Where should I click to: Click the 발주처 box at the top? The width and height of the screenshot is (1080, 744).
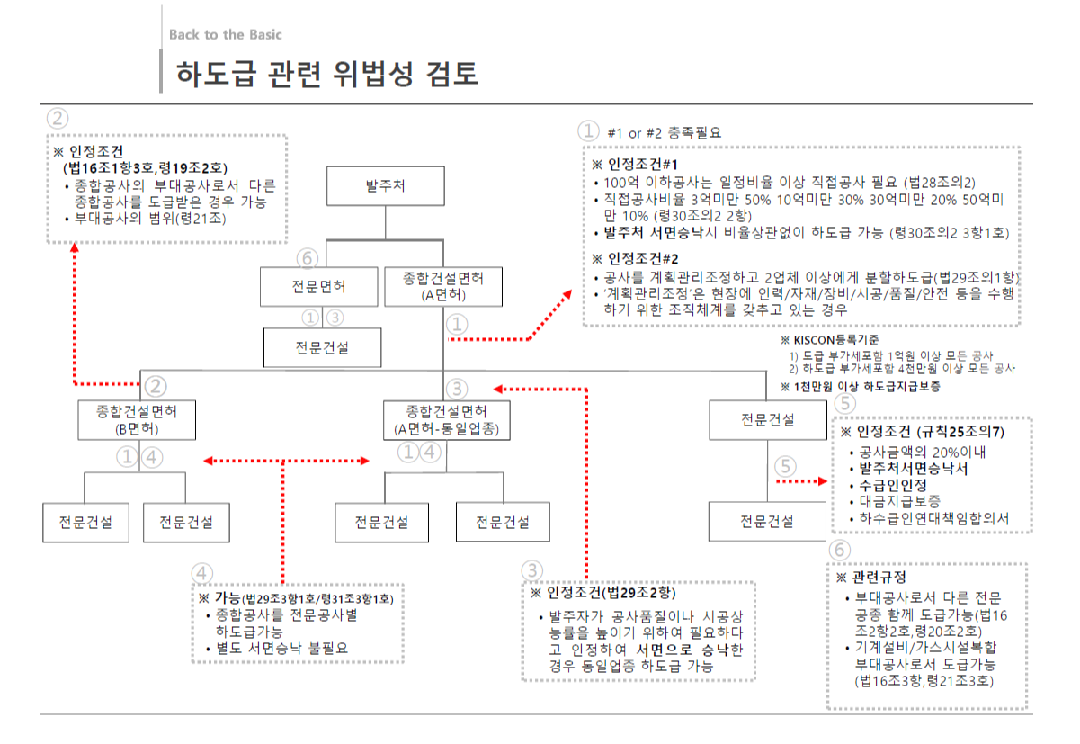click(384, 187)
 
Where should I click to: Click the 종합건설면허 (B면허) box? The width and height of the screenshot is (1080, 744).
click(137, 420)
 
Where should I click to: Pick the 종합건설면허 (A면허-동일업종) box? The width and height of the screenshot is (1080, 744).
click(447, 420)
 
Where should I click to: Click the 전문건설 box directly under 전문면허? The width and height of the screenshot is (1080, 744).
click(322, 347)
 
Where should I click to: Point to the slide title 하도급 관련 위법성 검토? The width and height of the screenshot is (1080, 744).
click(326, 73)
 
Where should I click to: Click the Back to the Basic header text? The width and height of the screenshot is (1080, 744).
click(225, 35)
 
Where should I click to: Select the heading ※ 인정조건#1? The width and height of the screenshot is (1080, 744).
click(634, 165)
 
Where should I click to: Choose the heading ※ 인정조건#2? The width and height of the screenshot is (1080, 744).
click(634, 259)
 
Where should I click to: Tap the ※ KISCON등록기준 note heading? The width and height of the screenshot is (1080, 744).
click(832, 340)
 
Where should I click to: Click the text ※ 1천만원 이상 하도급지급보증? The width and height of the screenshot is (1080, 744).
click(861, 386)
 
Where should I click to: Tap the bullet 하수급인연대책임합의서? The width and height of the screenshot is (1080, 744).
click(934, 519)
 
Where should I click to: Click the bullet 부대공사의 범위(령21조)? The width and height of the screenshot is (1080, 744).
click(148, 219)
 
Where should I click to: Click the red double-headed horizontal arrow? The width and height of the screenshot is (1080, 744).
click(287, 462)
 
